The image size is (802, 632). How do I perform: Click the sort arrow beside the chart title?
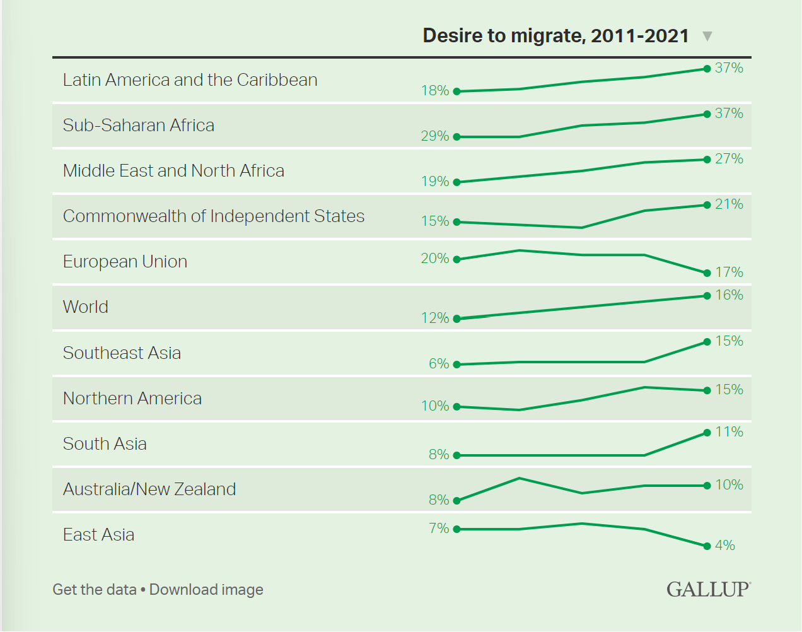tap(707, 36)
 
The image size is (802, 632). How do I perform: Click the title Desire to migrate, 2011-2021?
tap(555, 35)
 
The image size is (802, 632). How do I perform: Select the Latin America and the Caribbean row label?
tap(190, 80)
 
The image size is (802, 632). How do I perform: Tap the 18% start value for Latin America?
tap(435, 91)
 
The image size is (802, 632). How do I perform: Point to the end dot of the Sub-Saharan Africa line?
tap(707, 114)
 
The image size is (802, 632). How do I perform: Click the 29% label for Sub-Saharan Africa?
tap(435, 136)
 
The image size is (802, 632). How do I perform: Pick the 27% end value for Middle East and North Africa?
tap(729, 159)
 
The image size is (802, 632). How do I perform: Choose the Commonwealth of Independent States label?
tap(214, 216)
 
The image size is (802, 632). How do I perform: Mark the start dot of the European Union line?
tap(457, 259)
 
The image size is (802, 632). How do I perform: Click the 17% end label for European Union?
tap(729, 272)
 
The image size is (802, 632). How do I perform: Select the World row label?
tap(86, 307)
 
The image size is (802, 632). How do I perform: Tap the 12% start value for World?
tap(435, 318)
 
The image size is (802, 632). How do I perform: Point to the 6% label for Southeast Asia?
tap(439, 364)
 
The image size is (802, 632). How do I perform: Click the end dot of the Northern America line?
tap(707, 390)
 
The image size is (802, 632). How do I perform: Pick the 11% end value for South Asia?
tap(729, 432)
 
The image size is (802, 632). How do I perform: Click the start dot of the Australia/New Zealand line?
tap(457, 501)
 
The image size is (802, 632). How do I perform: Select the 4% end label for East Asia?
tap(725, 546)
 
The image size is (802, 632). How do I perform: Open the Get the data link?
tap(95, 590)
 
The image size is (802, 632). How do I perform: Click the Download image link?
tap(206, 590)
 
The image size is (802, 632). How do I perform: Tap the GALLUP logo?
tap(709, 589)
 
